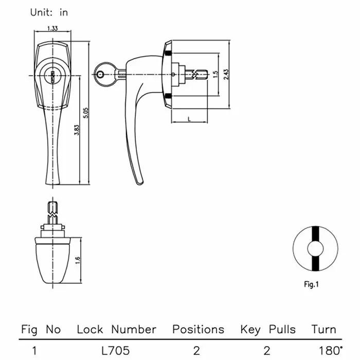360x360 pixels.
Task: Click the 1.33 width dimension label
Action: pos(52,28)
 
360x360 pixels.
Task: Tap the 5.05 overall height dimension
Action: pos(86,113)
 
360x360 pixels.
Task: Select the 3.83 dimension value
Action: pos(77,130)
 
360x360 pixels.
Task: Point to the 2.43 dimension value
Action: pos(226,75)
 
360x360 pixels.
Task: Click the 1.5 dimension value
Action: pos(215,75)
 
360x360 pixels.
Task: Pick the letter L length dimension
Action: pos(189,119)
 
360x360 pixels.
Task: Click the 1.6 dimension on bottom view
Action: pos(78,260)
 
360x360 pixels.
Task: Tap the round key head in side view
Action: pos(105,75)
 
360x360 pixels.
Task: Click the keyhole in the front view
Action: pos(53,77)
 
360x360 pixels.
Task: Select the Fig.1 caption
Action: pos(311,284)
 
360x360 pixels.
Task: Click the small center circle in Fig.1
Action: pos(315,249)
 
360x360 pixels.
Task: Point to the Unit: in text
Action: pos(49,12)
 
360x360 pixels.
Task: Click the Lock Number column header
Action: pos(117,330)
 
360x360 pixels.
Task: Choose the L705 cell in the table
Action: pos(116,351)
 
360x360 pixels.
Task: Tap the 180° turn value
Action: pos(331,351)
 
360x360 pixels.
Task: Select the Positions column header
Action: pos(198,330)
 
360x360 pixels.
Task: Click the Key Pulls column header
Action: pos(268,330)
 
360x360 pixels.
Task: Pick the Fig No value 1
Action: pos(34,351)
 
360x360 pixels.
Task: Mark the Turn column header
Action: pos(323,330)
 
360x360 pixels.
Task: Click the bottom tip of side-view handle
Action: pos(139,184)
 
